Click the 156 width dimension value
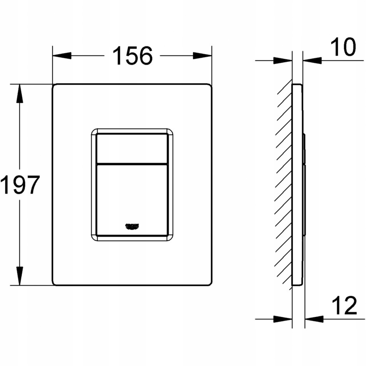click(132, 56)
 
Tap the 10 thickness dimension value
click(343, 47)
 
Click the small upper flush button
click(132, 148)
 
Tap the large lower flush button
click(132, 199)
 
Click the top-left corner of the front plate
click(54, 85)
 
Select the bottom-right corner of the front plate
click(211, 284)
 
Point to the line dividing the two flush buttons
click(132, 164)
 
